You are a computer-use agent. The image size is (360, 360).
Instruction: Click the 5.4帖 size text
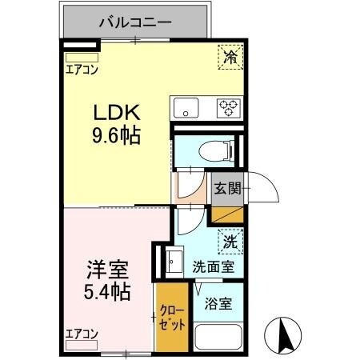point(106,290)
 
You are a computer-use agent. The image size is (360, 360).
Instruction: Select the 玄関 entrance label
point(226,189)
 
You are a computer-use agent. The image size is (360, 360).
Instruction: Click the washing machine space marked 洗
point(230,241)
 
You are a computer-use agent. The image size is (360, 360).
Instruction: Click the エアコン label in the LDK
point(81,70)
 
